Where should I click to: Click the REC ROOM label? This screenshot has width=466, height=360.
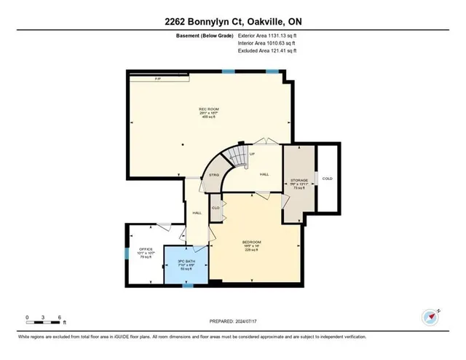[209, 109]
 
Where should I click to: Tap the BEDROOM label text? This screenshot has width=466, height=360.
[252, 242]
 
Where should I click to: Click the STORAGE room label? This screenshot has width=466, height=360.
[299, 179]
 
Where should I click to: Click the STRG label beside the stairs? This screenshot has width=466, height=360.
[214, 175]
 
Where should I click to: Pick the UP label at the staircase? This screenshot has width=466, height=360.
[252, 154]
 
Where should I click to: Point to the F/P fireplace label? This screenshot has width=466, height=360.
[158, 77]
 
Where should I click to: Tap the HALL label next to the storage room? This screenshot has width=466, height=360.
[265, 173]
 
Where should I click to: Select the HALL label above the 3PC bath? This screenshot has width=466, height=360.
[197, 213]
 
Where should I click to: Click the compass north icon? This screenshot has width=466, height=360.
[430, 317]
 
